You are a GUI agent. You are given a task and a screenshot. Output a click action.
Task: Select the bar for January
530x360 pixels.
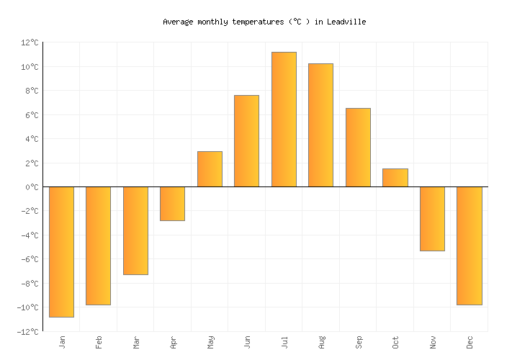(61, 251)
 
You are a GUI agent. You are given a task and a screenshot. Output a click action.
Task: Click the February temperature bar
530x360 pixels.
(98, 246)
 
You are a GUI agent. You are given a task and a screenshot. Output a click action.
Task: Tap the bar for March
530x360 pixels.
(135, 230)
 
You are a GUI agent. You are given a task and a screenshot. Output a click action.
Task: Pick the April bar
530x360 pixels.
(172, 204)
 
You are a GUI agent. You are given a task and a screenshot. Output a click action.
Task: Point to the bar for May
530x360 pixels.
(210, 169)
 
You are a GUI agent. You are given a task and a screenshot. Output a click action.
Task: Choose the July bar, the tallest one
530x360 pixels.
(284, 120)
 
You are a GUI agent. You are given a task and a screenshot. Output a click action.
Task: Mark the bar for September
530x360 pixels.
(358, 148)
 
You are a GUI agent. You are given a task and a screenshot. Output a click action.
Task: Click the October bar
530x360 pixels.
(395, 178)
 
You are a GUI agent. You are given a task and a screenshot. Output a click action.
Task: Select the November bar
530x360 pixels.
(432, 219)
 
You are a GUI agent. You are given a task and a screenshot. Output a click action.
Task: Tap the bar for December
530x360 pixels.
(469, 246)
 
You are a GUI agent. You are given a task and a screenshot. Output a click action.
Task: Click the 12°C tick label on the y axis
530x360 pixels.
(30, 43)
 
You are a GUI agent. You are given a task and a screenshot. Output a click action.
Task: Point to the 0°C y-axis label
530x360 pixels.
(32, 187)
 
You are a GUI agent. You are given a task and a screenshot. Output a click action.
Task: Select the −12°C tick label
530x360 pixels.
(28, 332)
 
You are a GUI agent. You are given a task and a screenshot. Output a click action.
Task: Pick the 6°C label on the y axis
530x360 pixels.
(32, 115)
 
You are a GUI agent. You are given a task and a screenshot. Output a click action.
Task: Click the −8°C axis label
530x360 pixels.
(30, 284)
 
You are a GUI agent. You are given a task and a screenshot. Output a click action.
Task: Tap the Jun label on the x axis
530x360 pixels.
(247, 341)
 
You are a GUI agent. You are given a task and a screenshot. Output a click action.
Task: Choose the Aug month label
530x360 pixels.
(321, 341)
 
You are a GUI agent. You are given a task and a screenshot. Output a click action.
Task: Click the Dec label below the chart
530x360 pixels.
(470, 341)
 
